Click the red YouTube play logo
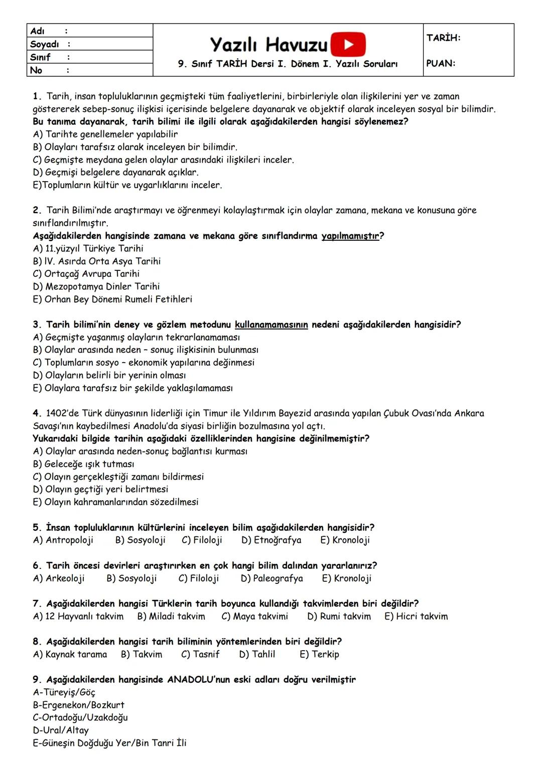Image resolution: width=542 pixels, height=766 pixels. point(348,44)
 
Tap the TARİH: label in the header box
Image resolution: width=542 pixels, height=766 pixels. point(443,38)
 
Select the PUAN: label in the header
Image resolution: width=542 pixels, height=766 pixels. point(441,64)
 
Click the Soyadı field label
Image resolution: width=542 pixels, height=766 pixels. point(45,44)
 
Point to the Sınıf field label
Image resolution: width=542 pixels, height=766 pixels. point(40,57)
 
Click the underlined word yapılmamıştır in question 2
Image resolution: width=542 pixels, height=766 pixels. point(350,236)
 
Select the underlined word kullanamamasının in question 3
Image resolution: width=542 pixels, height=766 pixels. point(271,325)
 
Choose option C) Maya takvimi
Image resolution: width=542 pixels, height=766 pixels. point(254,617)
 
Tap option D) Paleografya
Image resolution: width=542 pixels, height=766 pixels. point(272,578)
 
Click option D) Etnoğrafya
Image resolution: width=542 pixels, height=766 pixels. point(271,540)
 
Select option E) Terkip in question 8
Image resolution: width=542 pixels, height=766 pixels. point(319,655)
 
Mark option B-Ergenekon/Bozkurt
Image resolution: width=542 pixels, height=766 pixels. point(78,705)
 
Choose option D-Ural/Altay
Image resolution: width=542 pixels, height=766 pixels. point(60,730)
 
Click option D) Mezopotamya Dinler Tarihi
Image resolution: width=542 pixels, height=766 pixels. point(96,286)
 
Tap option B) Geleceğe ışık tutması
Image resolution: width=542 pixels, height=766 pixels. point(83,464)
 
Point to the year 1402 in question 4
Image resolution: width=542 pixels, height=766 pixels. point(56,413)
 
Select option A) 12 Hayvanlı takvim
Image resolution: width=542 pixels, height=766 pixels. point(78,617)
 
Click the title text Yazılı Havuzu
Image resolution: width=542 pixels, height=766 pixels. point(268,45)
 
